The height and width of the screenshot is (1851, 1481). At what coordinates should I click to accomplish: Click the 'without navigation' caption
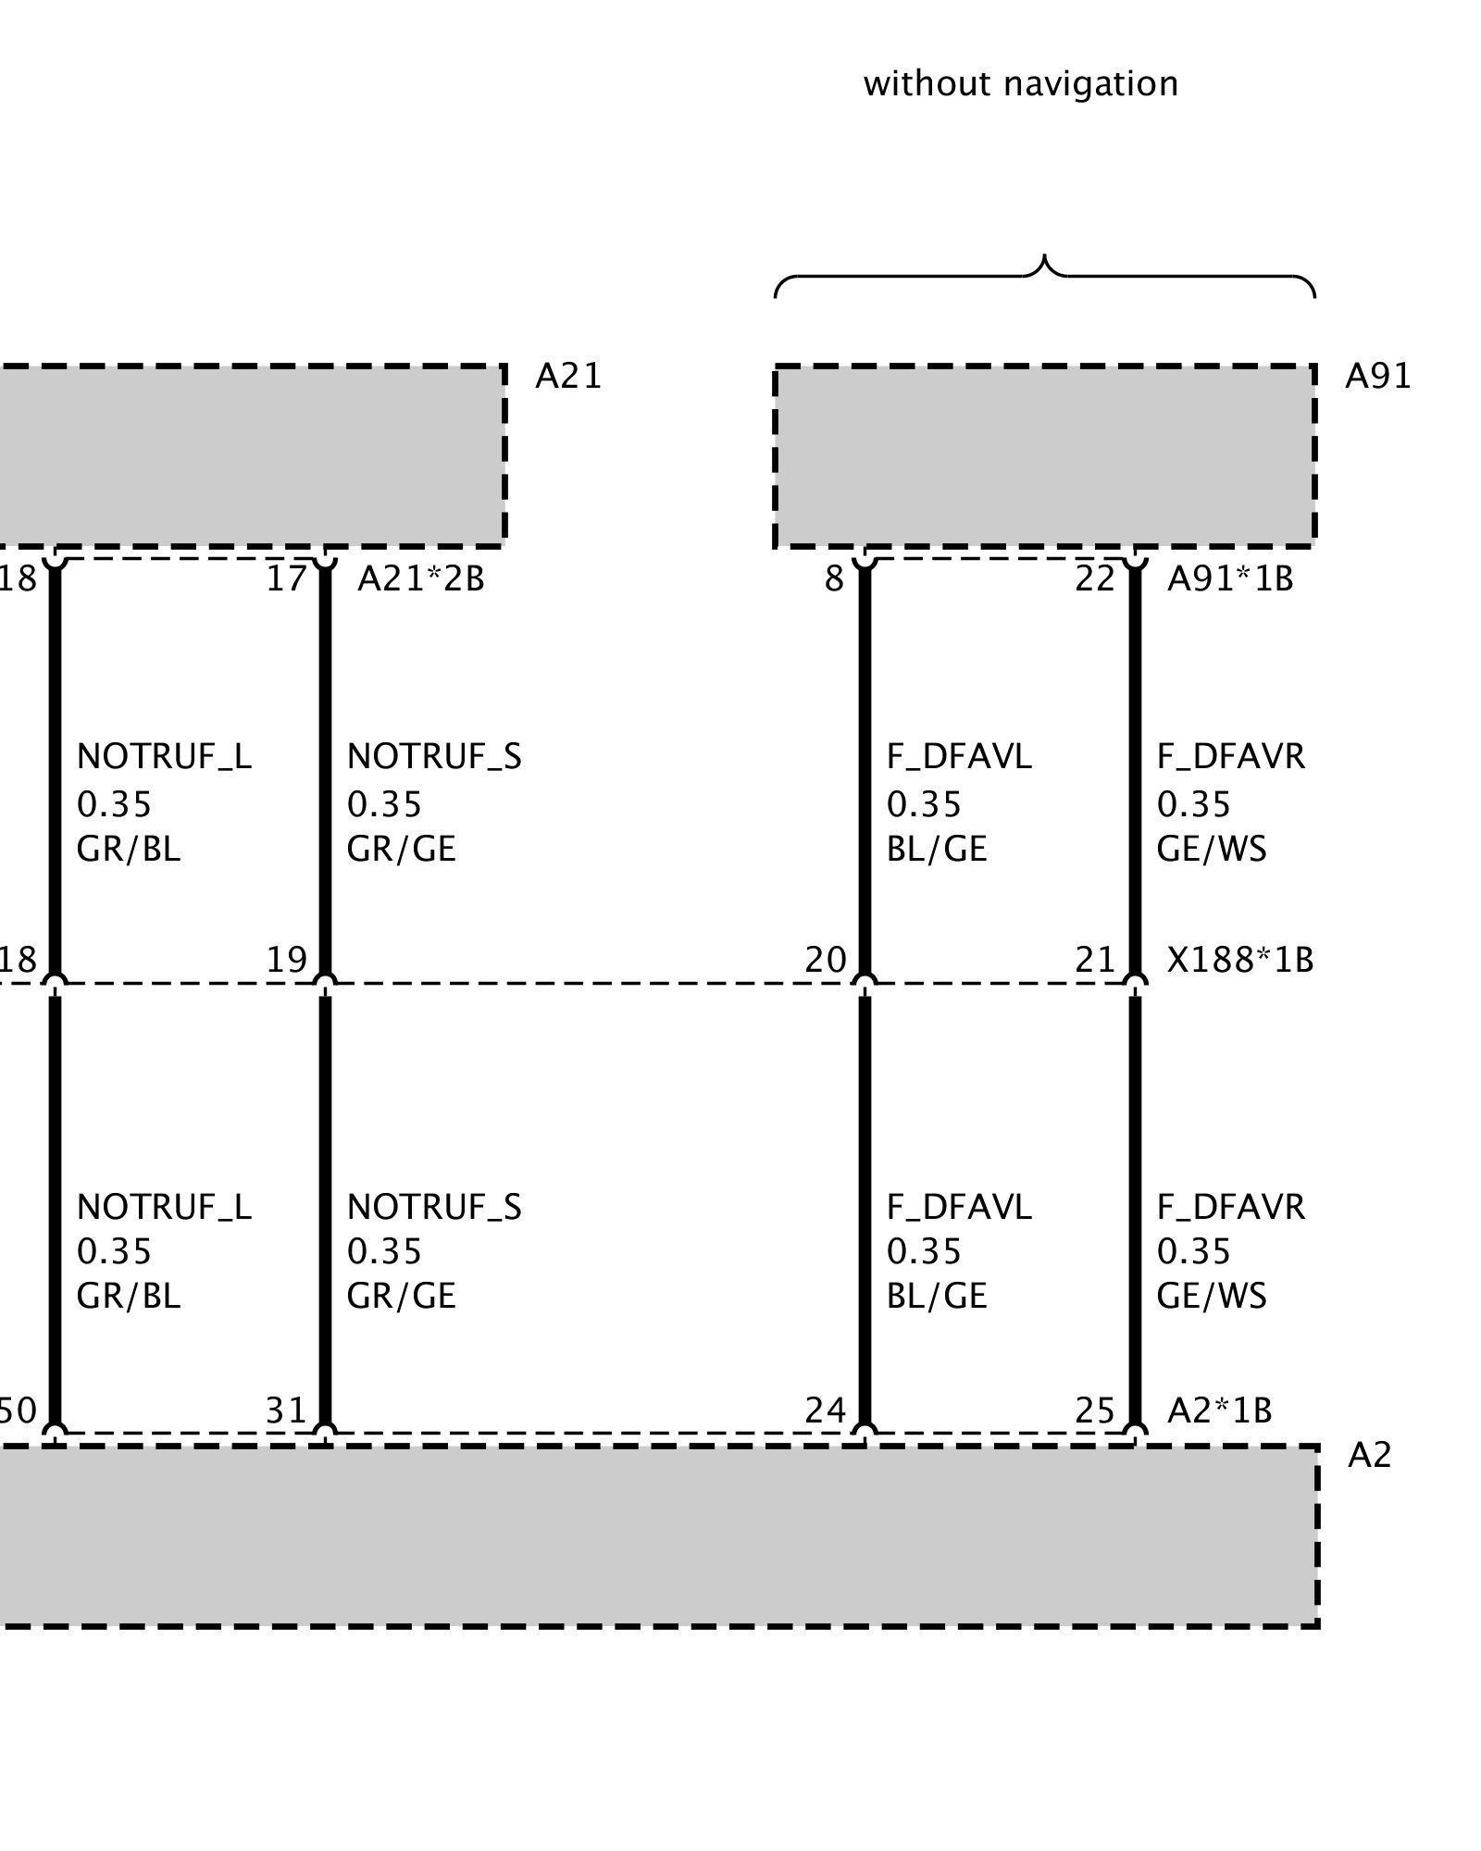[1020, 84]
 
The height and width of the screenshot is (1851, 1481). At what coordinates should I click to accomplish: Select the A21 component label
[568, 376]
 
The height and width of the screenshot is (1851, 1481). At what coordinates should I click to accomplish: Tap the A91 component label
[1377, 376]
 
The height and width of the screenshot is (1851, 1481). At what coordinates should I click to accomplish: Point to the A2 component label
[1369, 1456]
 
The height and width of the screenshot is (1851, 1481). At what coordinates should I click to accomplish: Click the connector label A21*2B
[421, 579]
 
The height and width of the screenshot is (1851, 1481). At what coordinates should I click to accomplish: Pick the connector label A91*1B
[1230, 579]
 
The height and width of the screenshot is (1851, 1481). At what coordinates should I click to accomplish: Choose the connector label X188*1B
[1240, 960]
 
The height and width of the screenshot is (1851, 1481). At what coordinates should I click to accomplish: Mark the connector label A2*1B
[1220, 1410]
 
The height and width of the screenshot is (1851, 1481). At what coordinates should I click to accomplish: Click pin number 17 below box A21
[286, 579]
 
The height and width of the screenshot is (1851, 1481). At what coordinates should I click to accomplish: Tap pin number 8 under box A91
[834, 579]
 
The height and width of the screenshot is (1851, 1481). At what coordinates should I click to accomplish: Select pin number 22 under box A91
[1095, 579]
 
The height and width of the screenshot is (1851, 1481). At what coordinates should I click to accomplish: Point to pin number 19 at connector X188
[286, 960]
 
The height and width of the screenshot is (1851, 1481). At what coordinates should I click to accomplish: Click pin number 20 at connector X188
[826, 960]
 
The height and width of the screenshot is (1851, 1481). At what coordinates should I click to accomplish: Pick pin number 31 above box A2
[286, 1410]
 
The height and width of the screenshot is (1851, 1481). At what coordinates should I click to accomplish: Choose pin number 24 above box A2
[826, 1410]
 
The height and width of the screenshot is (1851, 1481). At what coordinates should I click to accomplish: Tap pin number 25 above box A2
[1095, 1410]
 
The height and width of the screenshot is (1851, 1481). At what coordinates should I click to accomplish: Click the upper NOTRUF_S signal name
[434, 757]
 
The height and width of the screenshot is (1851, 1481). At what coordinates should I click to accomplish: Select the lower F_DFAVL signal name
[959, 1207]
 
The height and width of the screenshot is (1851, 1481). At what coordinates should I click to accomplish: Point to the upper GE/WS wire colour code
[1211, 849]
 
